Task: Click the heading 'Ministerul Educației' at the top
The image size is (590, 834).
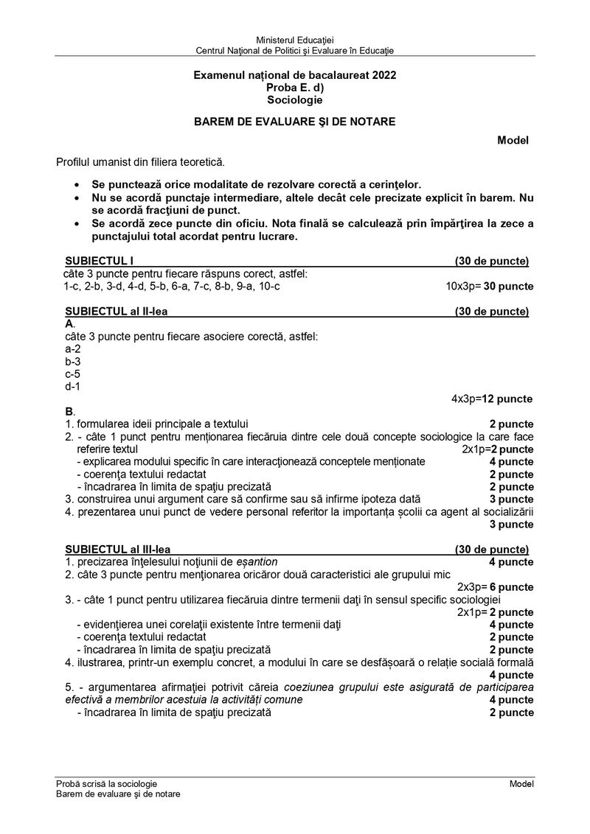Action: pos(294,39)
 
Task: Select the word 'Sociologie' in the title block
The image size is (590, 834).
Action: pos(294,99)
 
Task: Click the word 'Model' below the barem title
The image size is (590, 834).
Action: pos(513,140)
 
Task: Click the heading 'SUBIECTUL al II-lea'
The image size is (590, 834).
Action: pos(117,312)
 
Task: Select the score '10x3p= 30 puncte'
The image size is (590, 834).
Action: pos(490,286)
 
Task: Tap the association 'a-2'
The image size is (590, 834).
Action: pos(73,348)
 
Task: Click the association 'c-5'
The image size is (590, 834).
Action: pos(73,374)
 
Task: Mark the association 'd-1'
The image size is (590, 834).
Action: pos(73,386)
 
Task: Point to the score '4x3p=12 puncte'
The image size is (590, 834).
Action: pos(492,399)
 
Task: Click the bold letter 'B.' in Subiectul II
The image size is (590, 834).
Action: pos(70,411)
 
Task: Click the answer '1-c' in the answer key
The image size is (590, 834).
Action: pos(72,286)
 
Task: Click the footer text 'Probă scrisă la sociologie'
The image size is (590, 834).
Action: pos(106,784)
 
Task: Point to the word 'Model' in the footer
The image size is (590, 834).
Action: pos(521,784)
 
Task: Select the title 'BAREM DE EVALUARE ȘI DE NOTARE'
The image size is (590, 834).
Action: pos(294,122)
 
